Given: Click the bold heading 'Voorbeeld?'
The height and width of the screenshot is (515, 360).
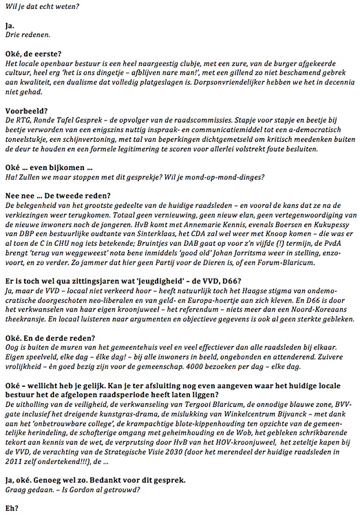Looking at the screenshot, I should click(x=22, y=111).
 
